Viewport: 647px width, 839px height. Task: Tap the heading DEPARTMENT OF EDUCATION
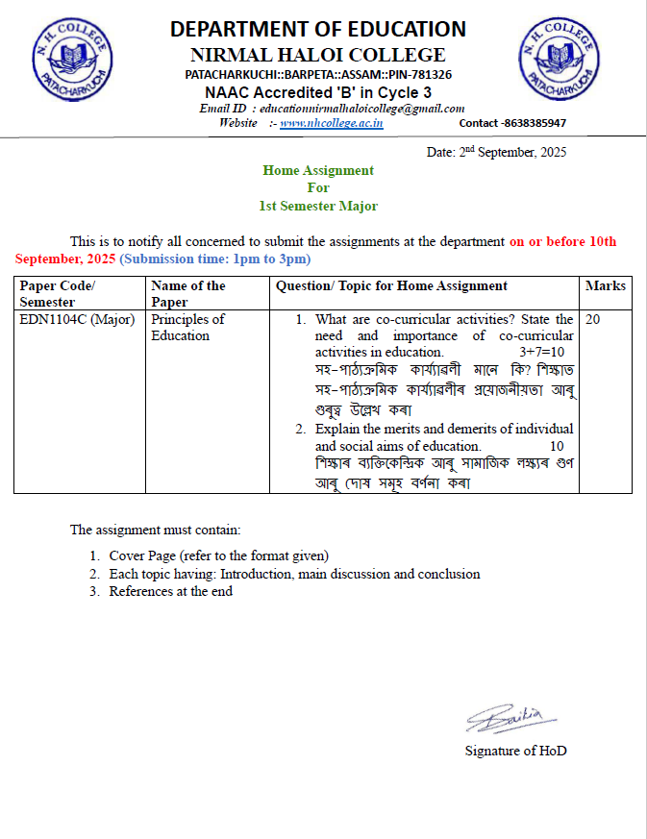click(x=318, y=30)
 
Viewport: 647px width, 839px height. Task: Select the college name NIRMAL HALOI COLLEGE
click(x=318, y=55)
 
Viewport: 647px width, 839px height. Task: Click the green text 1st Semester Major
click(x=318, y=206)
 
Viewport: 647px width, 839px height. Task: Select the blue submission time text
click(x=215, y=259)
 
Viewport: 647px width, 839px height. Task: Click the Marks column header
click(x=606, y=286)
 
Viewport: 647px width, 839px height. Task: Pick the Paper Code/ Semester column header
click(x=58, y=293)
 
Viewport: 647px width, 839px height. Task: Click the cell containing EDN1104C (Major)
click(x=77, y=319)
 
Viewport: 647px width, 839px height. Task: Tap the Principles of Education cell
click(x=188, y=327)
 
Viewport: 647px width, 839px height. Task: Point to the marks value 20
click(x=592, y=319)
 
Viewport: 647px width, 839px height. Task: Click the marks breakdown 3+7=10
click(x=541, y=353)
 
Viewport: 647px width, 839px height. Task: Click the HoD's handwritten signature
click(x=506, y=717)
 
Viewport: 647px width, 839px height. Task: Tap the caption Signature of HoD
click(x=515, y=751)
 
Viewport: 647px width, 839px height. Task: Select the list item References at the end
click(x=170, y=592)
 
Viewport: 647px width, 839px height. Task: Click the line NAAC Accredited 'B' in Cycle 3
click(x=318, y=92)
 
